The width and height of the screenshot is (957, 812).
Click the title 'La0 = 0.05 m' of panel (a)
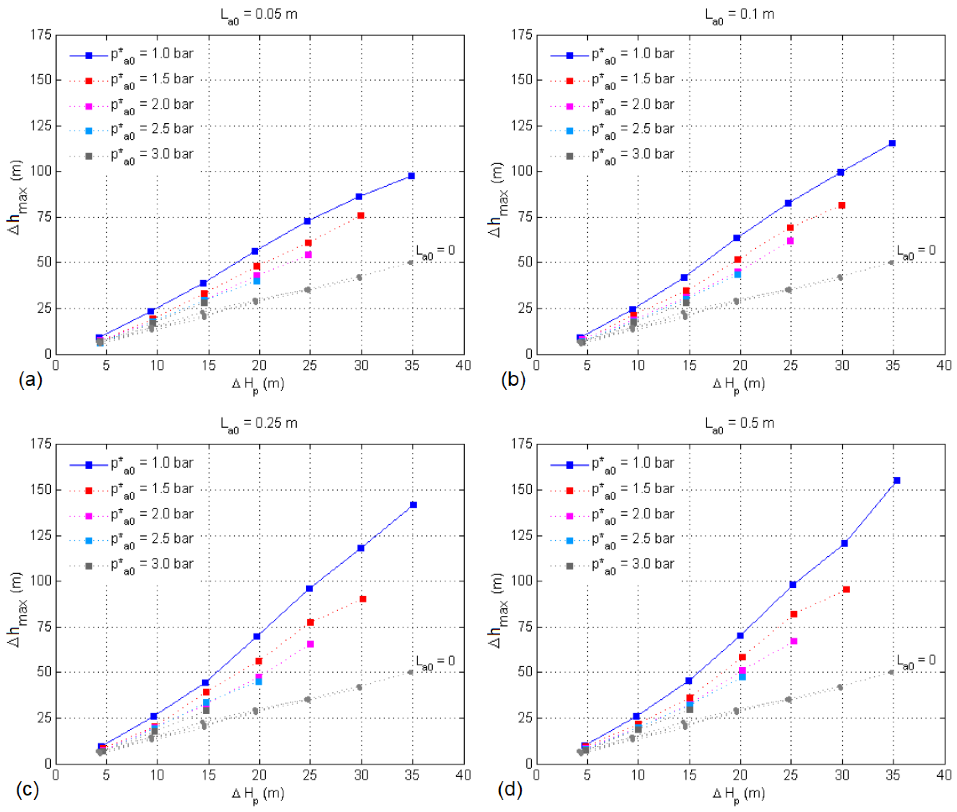click(x=259, y=15)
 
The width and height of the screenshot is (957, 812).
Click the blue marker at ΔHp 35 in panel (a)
click(x=411, y=176)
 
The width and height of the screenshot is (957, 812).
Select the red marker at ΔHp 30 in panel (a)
click(x=361, y=215)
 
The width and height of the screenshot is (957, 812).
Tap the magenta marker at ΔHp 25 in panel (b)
click(x=790, y=241)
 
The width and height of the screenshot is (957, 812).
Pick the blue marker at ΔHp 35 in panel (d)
click(x=897, y=481)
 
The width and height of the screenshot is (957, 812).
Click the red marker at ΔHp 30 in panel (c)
click(x=363, y=599)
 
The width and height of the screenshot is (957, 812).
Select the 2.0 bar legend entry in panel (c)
click(x=152, y=515)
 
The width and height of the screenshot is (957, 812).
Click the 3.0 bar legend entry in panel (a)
click(x=152, y=155)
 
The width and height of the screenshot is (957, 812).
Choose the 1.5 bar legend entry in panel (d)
click(x=633, y=490)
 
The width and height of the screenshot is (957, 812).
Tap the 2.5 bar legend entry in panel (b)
click(x=633, y=130)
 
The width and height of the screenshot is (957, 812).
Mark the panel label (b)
click(x=513, y=380)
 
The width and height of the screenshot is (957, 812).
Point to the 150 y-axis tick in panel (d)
click(x=522, y=489)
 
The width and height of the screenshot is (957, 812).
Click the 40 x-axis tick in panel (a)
click(x=463, y=365)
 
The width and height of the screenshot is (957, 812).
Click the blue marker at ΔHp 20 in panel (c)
click(x=257, y=637)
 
